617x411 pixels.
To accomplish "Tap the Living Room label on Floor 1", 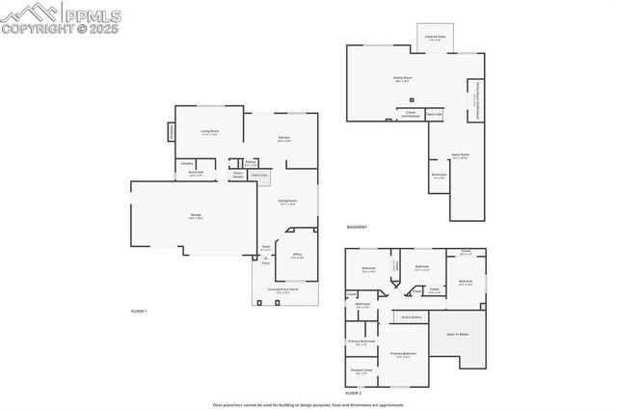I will click(210, 131).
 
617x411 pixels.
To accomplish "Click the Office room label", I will click(298, 256).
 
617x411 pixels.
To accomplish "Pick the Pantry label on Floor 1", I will click(251, 163).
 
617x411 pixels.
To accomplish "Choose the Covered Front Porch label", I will click(282, 289).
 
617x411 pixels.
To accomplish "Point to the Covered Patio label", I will click(435, 37).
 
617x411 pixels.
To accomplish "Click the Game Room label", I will click(460, 154).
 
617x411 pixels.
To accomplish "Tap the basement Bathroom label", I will click(440, 176).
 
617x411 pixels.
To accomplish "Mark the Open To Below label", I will click(457, 334).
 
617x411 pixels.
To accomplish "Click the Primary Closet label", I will click(362, 370).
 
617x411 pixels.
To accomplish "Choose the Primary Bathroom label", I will click(362, 342).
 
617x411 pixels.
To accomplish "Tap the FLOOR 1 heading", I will click(139, 311).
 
